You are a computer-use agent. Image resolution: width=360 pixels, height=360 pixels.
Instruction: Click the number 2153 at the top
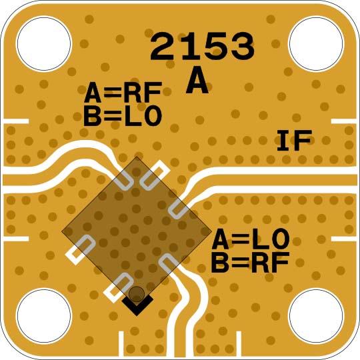tap(202, 47)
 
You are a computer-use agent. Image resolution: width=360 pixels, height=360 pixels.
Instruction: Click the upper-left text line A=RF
tap(123, 93)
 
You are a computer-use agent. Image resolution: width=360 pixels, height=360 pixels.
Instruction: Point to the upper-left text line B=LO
tap(123, 116)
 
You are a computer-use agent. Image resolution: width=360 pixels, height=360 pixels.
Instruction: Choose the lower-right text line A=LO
tap(250, 239)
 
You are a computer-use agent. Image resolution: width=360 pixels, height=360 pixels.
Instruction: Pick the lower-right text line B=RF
tap(250, 263)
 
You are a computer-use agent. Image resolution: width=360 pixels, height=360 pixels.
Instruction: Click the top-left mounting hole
tap(43, 43)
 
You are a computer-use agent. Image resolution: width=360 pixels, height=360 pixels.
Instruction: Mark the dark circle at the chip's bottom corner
tap(137, 294)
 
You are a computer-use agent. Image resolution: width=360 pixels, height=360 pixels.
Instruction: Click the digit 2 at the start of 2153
tap(163, 47)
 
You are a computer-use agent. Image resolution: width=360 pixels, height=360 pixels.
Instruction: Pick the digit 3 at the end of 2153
tap(241, 47)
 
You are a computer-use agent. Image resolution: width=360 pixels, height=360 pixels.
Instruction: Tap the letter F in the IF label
tap(304, 141)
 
